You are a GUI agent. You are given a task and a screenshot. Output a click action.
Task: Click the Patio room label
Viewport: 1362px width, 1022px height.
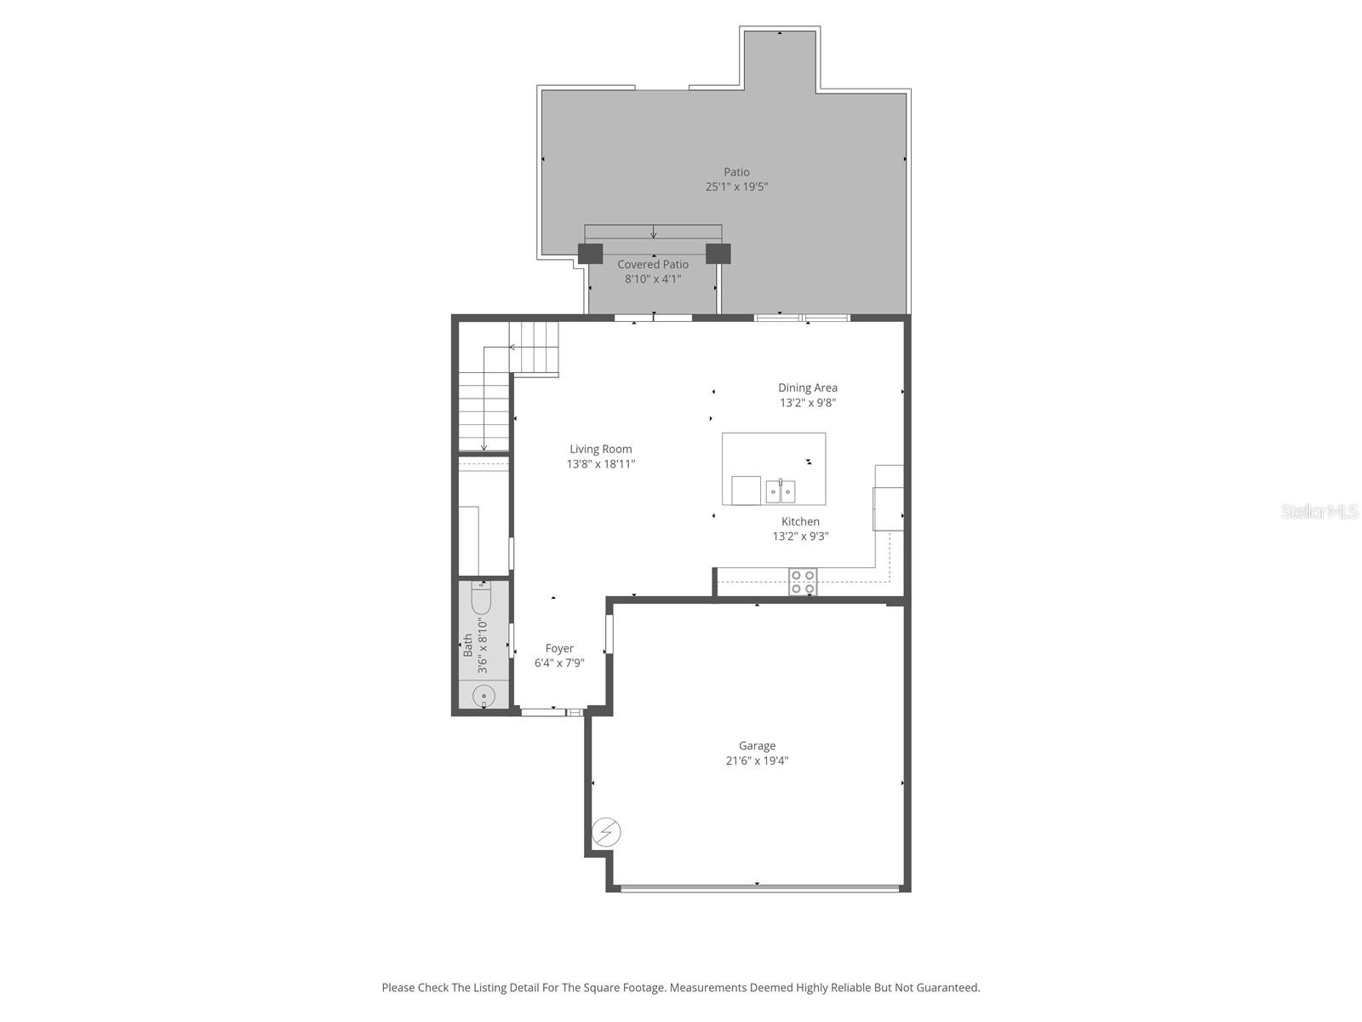[736, 172]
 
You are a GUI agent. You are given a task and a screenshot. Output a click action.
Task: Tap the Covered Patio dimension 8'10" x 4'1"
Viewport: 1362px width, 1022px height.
[653, 278]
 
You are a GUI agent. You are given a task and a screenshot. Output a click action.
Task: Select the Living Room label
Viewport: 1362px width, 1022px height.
[601, 449]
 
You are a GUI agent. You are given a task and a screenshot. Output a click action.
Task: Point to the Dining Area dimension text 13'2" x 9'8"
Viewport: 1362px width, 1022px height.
[807, 403]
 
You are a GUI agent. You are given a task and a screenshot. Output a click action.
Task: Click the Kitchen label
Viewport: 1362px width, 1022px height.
[800, 521]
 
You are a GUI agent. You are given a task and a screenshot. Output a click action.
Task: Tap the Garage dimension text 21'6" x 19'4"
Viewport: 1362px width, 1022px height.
[757, 761]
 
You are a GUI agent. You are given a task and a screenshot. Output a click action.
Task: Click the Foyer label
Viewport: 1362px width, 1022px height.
[559, 648]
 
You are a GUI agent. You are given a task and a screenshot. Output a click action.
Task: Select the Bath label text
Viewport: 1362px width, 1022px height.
[468, 645]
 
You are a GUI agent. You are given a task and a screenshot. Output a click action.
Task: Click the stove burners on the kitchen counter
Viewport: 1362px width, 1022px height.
[802, 582]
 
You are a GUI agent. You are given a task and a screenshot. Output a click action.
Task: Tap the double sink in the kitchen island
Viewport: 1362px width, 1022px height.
[781, 491]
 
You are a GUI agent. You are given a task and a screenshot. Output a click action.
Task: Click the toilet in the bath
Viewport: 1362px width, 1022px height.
[481, 599]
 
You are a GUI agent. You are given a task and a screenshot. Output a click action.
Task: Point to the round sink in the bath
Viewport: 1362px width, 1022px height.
[484, 696]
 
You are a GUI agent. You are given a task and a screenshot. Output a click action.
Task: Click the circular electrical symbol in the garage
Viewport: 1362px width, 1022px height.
[606, 832]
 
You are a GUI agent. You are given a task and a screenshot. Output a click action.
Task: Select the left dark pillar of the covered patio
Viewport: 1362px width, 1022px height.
[590, 254]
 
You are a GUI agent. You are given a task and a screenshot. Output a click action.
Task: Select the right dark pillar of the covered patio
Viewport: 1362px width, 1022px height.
[718, 254]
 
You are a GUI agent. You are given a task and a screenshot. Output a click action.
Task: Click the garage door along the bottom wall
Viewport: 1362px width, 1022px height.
[759, 888]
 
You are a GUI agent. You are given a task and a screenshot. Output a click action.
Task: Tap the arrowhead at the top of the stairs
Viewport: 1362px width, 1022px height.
[512, 347]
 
